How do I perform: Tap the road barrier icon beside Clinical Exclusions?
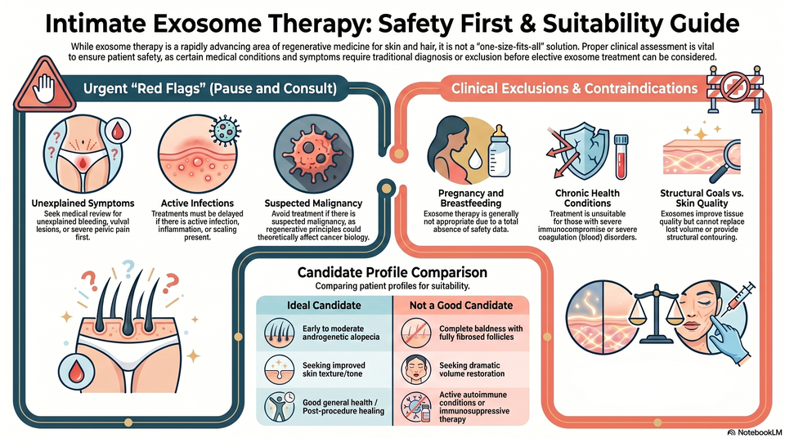[x=735, y=87]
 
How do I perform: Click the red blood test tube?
[x=621, y=157]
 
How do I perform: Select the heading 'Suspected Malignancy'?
[x=313, y=203]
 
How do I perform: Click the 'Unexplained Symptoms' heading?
[x=83, y=203]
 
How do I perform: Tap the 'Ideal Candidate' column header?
[x=324, y=306]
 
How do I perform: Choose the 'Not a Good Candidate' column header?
[x=461, y=306]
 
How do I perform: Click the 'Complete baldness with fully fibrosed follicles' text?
[x=481, y=333]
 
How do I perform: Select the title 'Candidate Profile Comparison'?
[x=392, y=272]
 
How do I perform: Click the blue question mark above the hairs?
[x=128, y=267]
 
